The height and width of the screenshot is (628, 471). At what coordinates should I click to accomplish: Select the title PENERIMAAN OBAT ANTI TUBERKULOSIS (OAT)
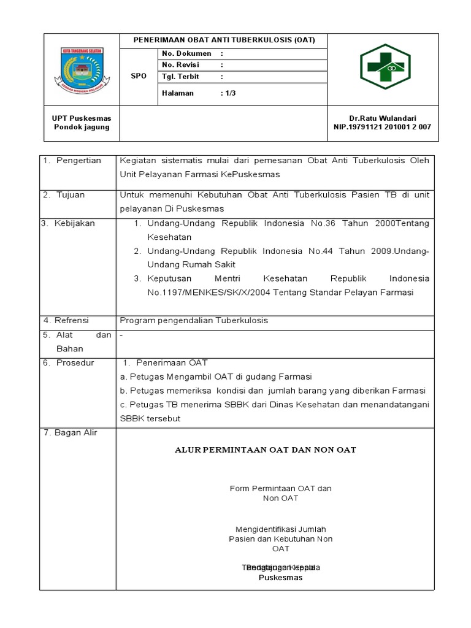click(x=224, y=40)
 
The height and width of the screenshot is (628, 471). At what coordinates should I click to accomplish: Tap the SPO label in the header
click(x=139, y=76)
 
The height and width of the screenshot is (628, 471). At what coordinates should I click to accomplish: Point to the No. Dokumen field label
click(x=186, y=53)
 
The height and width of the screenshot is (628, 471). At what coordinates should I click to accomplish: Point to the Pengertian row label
click(x=78, y=160)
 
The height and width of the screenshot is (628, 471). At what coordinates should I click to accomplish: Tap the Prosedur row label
click(x=75, y=362)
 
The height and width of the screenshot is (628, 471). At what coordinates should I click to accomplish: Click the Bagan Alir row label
click(x=73, y=433)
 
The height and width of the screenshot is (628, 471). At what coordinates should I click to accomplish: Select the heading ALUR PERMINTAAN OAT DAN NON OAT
click(x=266, y=450)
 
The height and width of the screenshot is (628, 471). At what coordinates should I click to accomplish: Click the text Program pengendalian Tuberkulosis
click(x=194, y=320)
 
